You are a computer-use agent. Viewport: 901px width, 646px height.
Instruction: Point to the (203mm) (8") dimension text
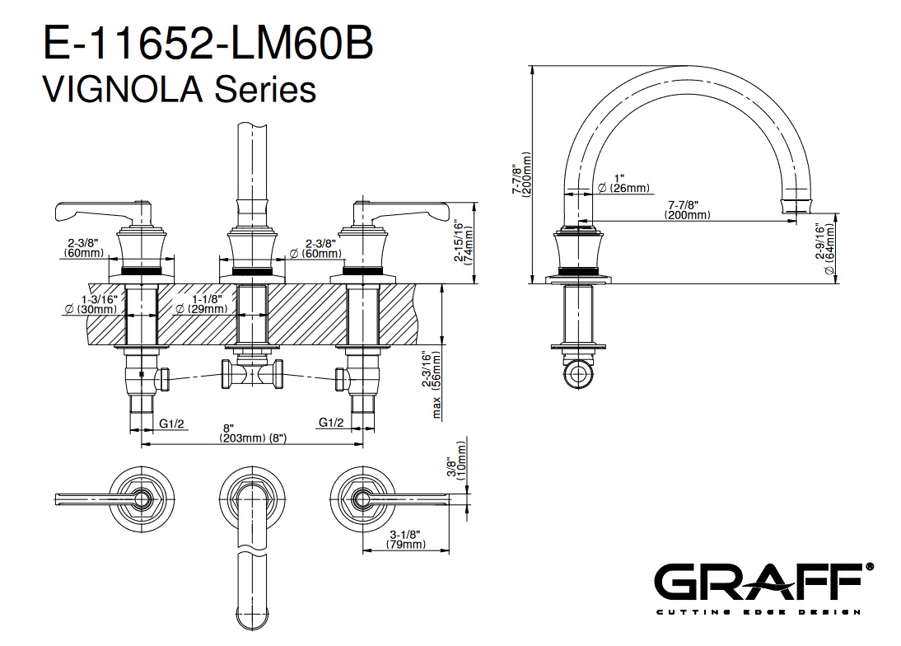[x=253, y=438]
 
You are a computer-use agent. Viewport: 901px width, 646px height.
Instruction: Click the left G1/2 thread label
[x=171, y=423]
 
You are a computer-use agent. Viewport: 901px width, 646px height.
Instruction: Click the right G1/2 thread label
[x=331, y=423]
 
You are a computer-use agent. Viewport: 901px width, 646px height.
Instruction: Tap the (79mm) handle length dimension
[x=404, y=545]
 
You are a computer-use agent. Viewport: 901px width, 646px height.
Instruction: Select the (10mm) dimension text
[x=461, y=475]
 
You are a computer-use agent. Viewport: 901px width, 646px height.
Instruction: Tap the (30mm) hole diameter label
[x=91, y=309]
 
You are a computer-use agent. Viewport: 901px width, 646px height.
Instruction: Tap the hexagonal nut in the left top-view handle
[x=145, y=497]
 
